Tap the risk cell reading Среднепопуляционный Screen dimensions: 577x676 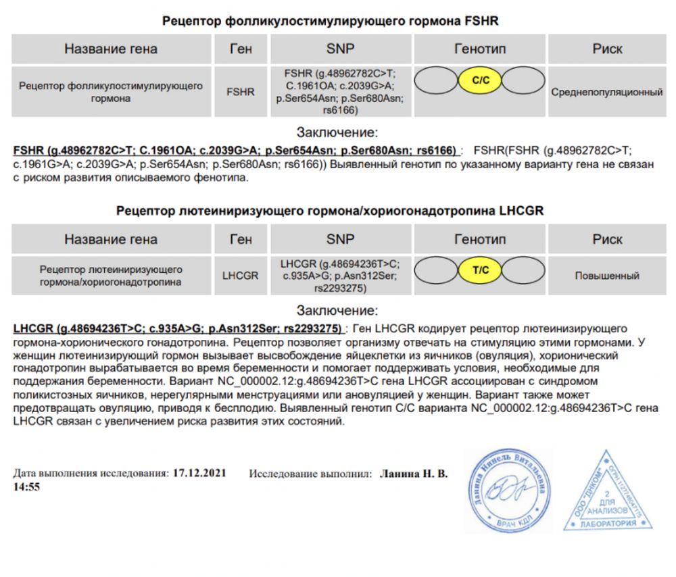pos(607,92)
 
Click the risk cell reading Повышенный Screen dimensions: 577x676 pos(607,276)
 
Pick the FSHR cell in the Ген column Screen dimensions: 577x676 pos(241,92)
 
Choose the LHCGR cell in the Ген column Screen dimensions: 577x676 pos(241,276)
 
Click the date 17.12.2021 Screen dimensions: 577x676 pos(199,474)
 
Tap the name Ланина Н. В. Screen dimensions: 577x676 pos(414,474)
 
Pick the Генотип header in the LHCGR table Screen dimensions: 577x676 pos(480,239)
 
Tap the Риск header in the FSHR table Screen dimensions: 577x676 pos(607,49)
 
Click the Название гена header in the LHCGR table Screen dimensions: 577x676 pos(111,239)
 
